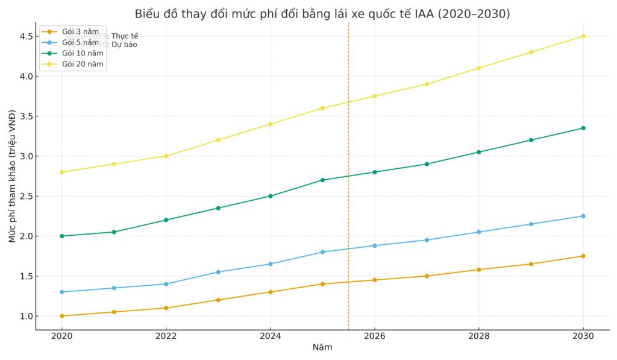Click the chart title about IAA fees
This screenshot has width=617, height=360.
(x=322, y=13)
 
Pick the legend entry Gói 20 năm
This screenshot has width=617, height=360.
(x=83, y=64)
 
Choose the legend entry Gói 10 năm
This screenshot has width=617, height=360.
(x=83, y=53)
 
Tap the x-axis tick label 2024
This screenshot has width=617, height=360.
(x=270, y=335)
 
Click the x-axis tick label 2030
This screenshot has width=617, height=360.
(x=583, y=335)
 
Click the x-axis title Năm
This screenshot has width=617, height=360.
(x=322, y=347)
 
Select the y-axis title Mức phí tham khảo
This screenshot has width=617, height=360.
(x=12, y=176)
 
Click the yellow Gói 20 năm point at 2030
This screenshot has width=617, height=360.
(x=583, y=36)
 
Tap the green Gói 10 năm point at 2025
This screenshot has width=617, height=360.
(x=322, y=180)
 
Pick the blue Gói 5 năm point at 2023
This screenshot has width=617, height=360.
(x=218, y=272)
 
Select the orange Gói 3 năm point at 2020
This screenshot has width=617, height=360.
(x=61, y=316)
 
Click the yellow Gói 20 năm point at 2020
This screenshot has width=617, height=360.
(x=61, y=172)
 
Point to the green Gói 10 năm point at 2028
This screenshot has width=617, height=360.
(x=479, y=152)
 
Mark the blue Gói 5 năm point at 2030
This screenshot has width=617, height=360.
(x=583, y=216)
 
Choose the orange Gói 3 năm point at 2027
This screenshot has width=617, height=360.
(x=427, y=276)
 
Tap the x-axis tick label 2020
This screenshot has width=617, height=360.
(x=61, y=335)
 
